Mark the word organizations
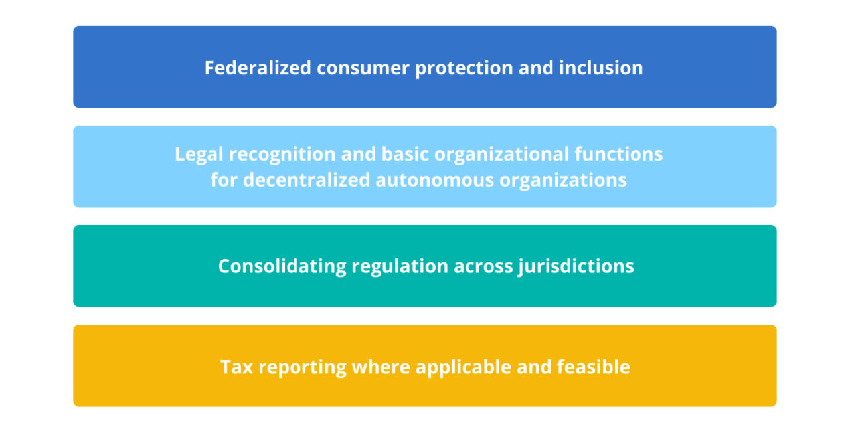click(569, 180)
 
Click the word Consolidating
click(282, 266)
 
